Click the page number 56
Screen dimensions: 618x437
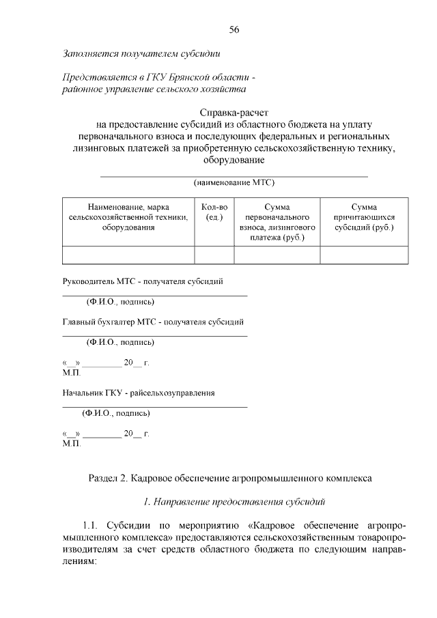[234, 29]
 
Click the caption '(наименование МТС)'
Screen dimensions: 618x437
[234, 182]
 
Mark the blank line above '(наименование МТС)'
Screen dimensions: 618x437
[234, 176]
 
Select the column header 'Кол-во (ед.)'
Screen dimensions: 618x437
[214, 212]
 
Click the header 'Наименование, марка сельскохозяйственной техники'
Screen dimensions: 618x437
[128, 216]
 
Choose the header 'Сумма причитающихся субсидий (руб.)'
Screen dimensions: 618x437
[364, 216]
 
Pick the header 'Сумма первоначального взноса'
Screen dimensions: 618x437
[277, 221]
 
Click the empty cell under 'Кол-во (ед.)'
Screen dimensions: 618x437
[214, 255]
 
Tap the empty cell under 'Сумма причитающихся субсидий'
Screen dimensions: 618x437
[364, 255]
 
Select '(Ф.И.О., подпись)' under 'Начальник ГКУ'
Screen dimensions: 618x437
[115, 413]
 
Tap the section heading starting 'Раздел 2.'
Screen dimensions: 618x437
[230, 479]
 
